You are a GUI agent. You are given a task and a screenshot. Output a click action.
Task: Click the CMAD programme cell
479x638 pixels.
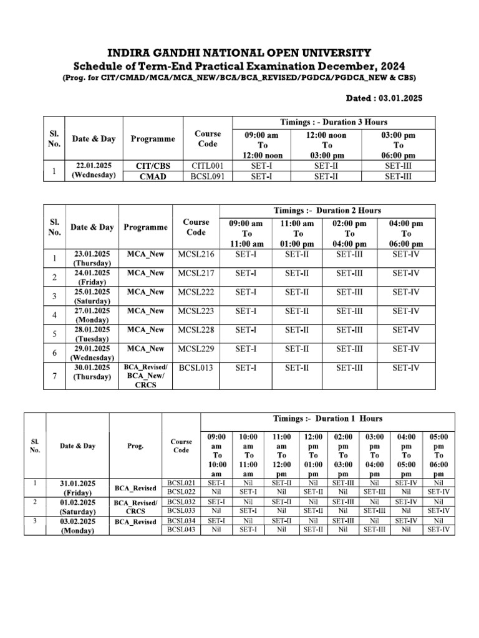click(x=153, y=176)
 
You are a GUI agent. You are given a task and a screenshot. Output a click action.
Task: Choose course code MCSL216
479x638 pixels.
click(x=196, y=254)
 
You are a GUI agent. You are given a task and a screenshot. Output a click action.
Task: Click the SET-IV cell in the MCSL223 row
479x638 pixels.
click(x=405, y=311)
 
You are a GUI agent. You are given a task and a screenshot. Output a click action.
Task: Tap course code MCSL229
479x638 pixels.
click(x=196, y=349)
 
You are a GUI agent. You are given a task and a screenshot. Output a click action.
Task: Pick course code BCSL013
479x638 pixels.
click(x=196, y=368)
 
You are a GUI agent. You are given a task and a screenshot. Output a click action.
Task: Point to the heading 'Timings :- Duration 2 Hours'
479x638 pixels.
click(x=327, y=211)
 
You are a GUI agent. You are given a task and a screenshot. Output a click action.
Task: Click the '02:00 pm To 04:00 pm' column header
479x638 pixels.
click(x=349, y=234)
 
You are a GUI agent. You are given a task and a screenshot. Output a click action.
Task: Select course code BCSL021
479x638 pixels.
click(x=181, y=483)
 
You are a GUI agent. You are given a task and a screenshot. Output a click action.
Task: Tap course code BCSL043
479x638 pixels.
click(x=181, y=530)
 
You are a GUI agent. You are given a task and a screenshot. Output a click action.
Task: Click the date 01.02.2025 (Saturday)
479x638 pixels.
click(x=78, y=507)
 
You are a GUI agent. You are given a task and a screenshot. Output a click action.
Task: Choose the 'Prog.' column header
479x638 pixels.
click(x=135, y=446)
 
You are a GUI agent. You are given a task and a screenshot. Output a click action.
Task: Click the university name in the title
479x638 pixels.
click(x=239, y=52)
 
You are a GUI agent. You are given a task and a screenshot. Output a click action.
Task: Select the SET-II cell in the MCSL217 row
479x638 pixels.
click(x=297, y=273)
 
